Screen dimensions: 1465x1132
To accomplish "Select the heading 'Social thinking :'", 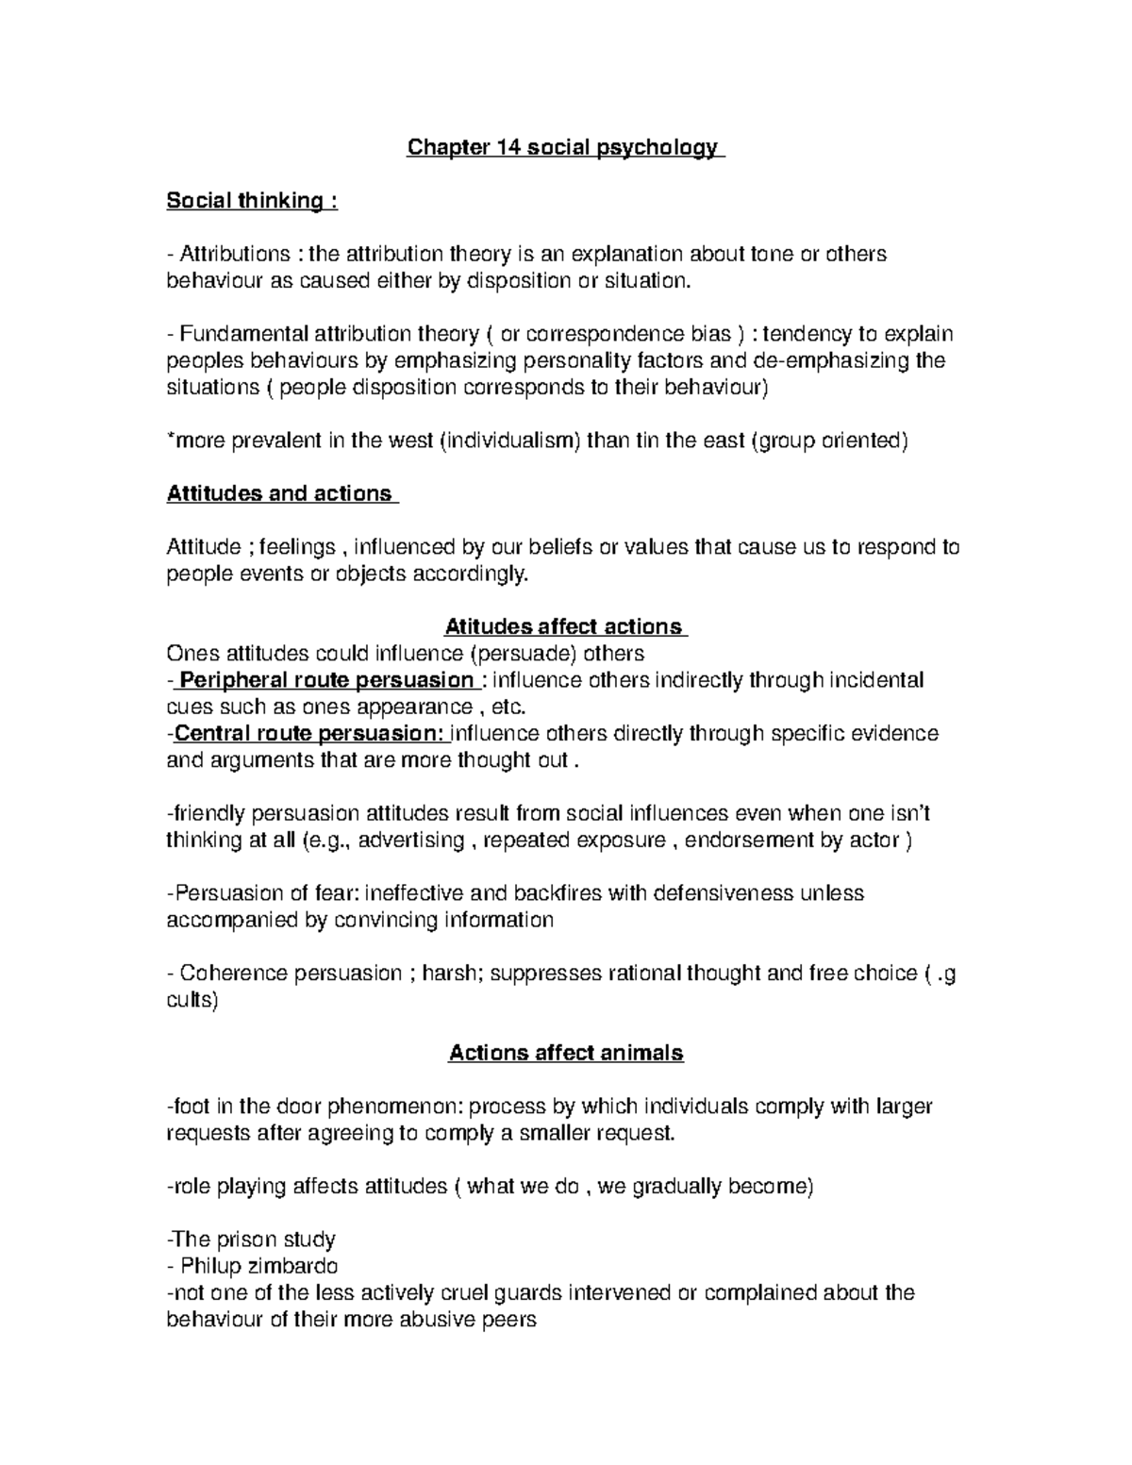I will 251,201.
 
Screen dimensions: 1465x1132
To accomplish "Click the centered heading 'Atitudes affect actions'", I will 563,626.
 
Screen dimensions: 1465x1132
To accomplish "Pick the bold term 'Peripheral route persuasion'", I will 326,680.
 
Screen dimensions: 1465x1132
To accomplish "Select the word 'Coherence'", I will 226,973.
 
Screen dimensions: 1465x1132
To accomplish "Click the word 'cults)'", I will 191,1000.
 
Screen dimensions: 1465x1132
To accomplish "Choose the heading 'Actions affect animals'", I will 565,1053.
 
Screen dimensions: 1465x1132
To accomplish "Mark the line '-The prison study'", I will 251,1240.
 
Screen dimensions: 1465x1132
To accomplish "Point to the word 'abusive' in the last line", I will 444,1319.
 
